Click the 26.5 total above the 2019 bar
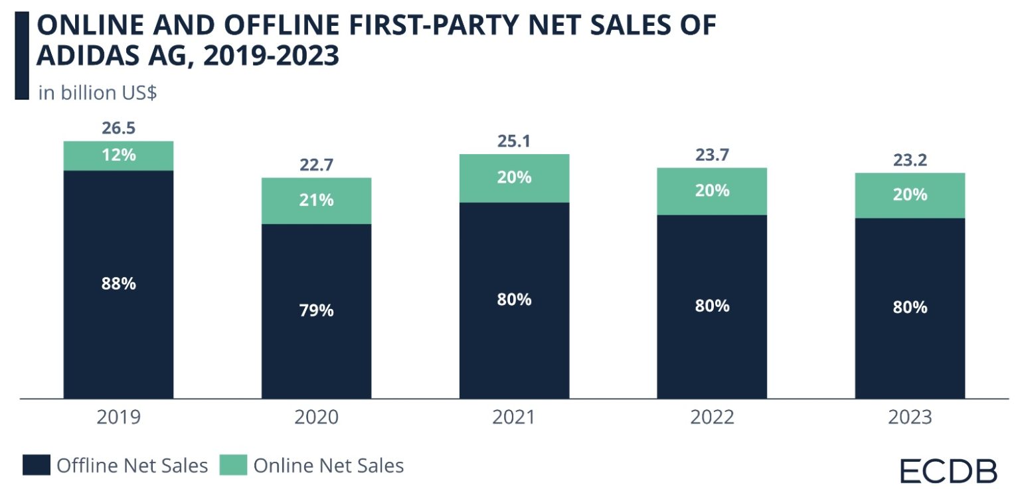(118, 128)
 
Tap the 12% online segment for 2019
(118, 155)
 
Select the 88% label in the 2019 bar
(118, 284)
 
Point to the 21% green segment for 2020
(316, 200)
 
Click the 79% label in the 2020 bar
(316, 310)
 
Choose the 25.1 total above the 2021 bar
(514, 141)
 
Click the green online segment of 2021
(514, 178)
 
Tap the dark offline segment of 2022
(712, 306)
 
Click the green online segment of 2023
(910, 195)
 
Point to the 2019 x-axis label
(118, 417)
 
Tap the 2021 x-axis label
(514, 417)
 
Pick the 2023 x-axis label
(910, 417)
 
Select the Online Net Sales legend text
(328, 466)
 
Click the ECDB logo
(948, 470)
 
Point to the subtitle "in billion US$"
(98, 92)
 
